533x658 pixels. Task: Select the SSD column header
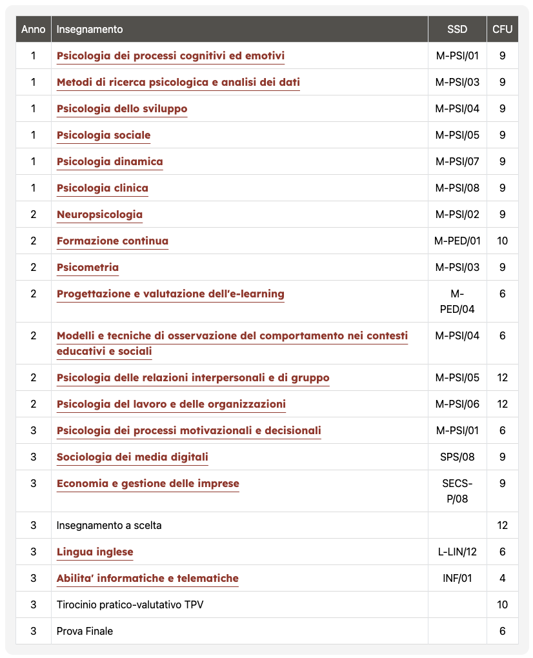coord(457,29)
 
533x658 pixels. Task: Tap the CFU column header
coord(502,29)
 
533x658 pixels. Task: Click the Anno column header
coord(33,29)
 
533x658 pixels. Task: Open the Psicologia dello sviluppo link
coord(122,108)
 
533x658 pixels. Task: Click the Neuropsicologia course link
coord(99,214)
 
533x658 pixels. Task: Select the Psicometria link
coord(88,267)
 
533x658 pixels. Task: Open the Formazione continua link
coord(112,241)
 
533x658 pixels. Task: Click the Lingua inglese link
coord(95,552)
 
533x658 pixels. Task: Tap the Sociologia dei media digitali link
coord(132,457)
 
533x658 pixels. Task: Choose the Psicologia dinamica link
coord(110,161)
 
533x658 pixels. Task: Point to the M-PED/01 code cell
coord(457,241)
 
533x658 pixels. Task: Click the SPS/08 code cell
coord(457,457)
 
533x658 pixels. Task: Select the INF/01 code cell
coord(457,578)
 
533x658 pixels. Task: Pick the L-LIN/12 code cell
coord(457,552)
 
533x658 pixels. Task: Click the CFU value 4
coord(502,578)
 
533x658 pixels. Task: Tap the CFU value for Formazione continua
coord(502,241)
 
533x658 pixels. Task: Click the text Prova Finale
coord(85,631)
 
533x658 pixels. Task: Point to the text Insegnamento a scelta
coord(109,525)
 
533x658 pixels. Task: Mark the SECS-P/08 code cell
coord(457,491)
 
